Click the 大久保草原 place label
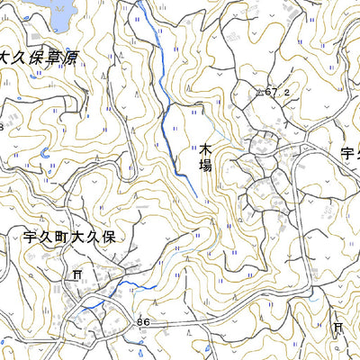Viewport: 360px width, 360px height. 38,58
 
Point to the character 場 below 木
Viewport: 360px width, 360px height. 205,166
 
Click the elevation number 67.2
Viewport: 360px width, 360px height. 279,92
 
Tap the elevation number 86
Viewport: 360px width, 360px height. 143,321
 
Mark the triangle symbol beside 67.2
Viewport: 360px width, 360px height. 261,92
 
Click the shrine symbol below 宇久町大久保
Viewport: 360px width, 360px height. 78,274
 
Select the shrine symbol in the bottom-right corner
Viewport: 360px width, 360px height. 339,328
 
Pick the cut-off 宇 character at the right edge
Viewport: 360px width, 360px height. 349,152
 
